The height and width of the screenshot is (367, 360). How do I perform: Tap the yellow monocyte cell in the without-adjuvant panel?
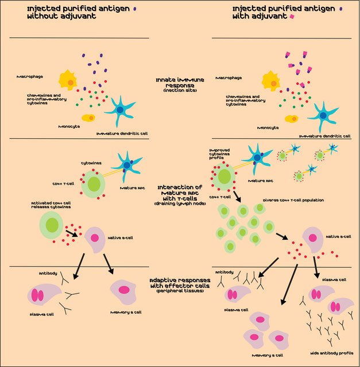(89, 118)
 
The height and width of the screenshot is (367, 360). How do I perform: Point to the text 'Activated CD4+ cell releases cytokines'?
(55, 205)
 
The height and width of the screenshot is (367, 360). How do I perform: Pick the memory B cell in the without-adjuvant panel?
(123, 289)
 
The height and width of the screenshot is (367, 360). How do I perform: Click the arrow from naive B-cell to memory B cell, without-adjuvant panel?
(107, 264)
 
